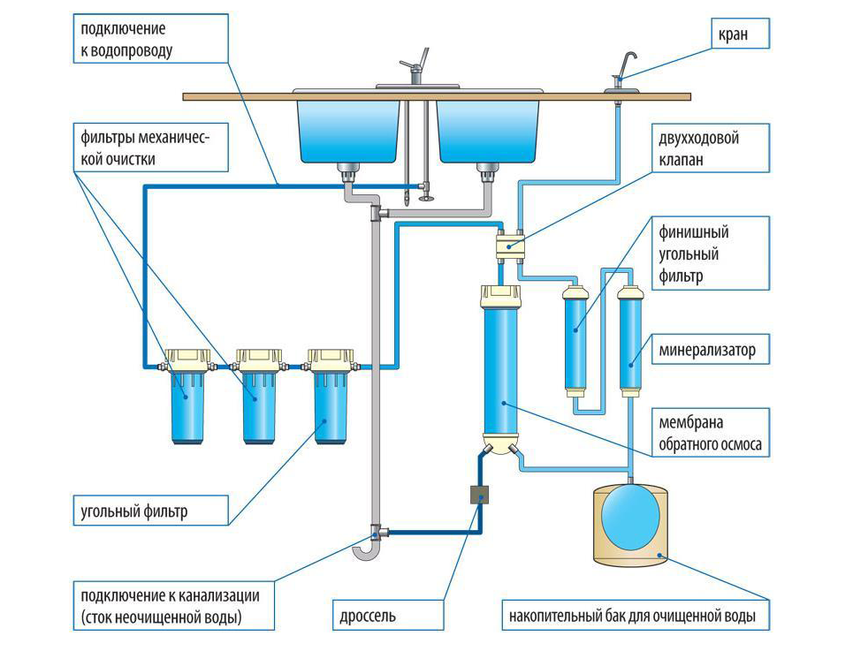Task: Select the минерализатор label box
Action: point(706,351)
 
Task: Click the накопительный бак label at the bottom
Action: point(634,613)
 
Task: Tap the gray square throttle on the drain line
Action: point(480,496)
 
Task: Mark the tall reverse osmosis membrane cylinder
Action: point(501,371)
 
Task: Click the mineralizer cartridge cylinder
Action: point(629,340)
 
